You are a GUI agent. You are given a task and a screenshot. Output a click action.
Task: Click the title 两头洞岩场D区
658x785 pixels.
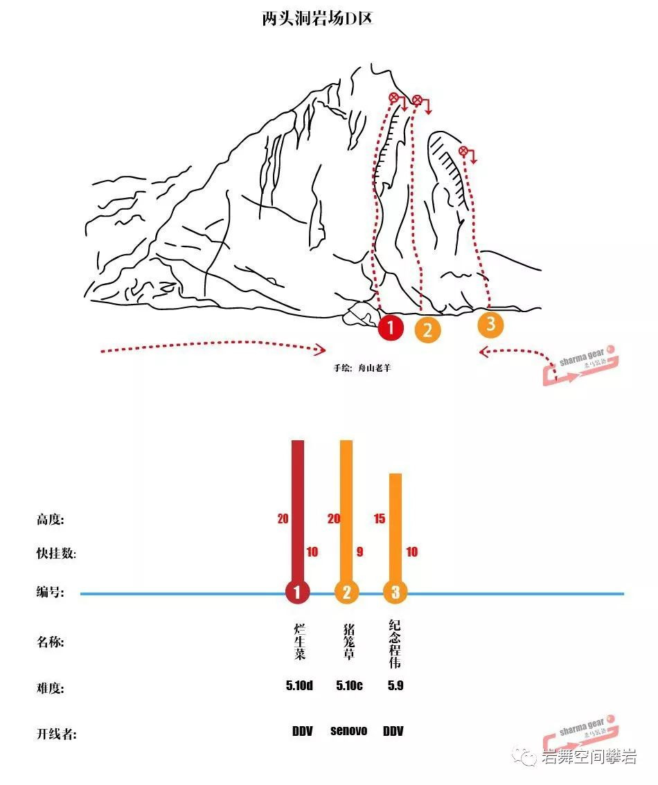point(318,19)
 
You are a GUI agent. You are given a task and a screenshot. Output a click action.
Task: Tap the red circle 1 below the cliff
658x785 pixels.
point(391,327)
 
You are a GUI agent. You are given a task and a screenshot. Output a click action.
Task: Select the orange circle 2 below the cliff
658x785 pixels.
point(427,330)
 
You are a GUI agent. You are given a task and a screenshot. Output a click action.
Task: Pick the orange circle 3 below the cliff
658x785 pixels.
point(490,323)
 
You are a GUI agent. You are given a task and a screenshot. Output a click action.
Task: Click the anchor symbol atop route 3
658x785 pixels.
point(463,151)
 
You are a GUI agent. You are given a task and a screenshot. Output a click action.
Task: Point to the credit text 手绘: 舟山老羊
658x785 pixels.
point(362,368)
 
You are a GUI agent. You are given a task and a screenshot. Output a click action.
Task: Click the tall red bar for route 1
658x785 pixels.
point(298,512)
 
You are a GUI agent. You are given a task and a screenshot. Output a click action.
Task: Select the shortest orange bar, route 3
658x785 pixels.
point(395,530)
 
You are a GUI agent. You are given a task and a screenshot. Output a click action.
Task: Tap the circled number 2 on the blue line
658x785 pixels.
point(346,592)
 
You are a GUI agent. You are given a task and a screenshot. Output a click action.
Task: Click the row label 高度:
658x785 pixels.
point(55,519)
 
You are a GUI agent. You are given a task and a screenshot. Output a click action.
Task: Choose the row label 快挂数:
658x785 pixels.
point(56,554)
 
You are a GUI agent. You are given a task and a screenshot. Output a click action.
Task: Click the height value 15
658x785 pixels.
point(379,518)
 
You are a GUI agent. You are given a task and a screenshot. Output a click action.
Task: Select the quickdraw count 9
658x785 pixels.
point(358,552)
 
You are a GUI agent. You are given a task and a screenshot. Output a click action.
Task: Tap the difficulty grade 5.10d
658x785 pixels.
point(299,686)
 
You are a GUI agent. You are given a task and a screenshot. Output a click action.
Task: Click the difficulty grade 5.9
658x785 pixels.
point(395,686)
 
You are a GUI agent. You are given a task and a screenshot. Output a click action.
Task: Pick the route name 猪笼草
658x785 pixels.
point(348,641)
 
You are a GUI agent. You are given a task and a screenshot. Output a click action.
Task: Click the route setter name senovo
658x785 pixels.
point(348,730)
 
